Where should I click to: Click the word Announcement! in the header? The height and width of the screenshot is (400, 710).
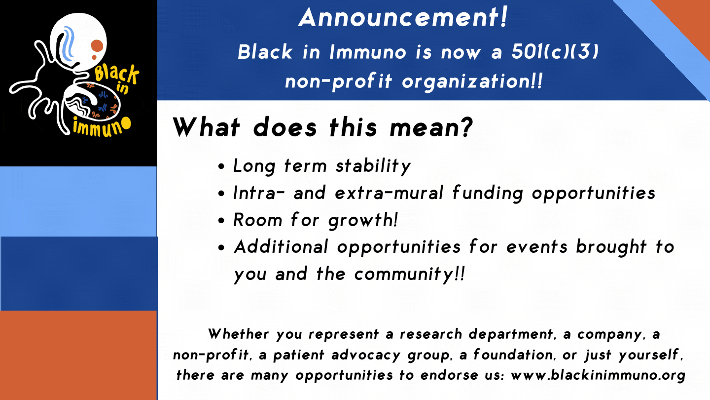tap(403, 18)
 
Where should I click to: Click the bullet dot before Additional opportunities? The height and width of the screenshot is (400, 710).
tap(222, 247)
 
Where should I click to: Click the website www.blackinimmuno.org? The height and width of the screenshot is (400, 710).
tap(598, 375)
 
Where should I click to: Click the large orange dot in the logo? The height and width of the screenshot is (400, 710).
tap(97, 46)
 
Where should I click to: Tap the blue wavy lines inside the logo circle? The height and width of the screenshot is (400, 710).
tap(68, 41)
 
